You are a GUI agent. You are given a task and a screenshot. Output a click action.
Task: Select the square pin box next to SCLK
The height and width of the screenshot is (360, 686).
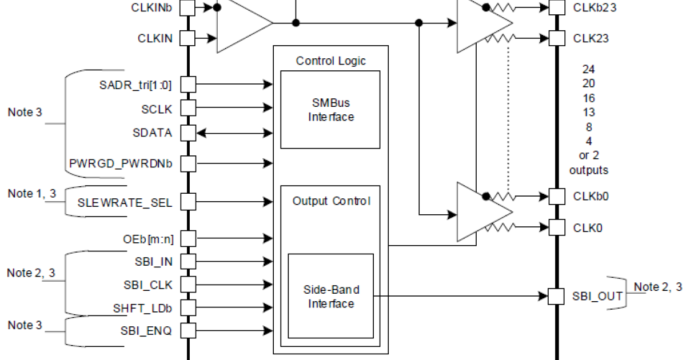(x=188, y=108)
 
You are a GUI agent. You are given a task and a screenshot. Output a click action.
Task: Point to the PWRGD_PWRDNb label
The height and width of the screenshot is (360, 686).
(x=120, y=163)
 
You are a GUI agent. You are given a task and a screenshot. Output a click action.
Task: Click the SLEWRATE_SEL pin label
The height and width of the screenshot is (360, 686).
(x=125, y=202)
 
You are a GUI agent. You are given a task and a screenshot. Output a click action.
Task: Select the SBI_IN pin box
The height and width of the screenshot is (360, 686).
(x=188, y=261)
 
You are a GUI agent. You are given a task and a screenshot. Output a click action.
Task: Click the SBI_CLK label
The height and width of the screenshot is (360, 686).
(x=147, y=284)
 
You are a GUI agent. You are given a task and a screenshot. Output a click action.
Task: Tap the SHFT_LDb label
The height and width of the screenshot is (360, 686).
(x=143, y=308)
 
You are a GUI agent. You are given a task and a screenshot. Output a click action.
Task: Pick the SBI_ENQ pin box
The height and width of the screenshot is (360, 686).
(x=188, y=330)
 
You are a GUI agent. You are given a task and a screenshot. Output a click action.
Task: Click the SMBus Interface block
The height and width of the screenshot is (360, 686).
(x=330, y=110)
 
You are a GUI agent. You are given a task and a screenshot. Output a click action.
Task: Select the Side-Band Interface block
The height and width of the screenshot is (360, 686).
(x=330, y=297)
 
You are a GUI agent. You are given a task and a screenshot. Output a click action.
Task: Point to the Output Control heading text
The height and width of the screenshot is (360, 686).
(x=330, y=201)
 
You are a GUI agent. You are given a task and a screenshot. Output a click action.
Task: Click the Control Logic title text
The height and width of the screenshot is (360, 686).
(x=330, y=61)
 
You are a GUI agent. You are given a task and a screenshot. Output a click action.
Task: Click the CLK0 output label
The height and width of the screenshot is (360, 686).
(x=587, y=227)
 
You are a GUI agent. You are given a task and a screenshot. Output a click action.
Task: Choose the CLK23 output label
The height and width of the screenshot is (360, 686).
(x=590, y=38)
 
